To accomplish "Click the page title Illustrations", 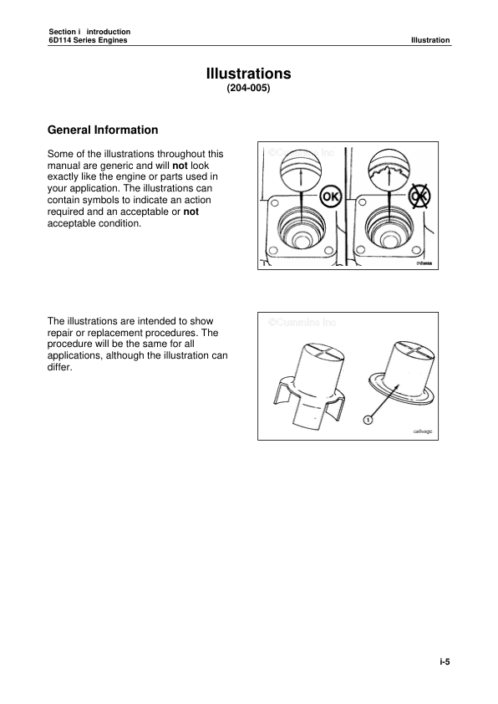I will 248,74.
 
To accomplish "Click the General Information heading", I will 103,130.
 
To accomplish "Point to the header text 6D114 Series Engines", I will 88,40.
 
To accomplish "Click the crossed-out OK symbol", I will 419,196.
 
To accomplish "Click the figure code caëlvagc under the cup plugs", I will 424,431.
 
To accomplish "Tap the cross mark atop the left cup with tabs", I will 318,352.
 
